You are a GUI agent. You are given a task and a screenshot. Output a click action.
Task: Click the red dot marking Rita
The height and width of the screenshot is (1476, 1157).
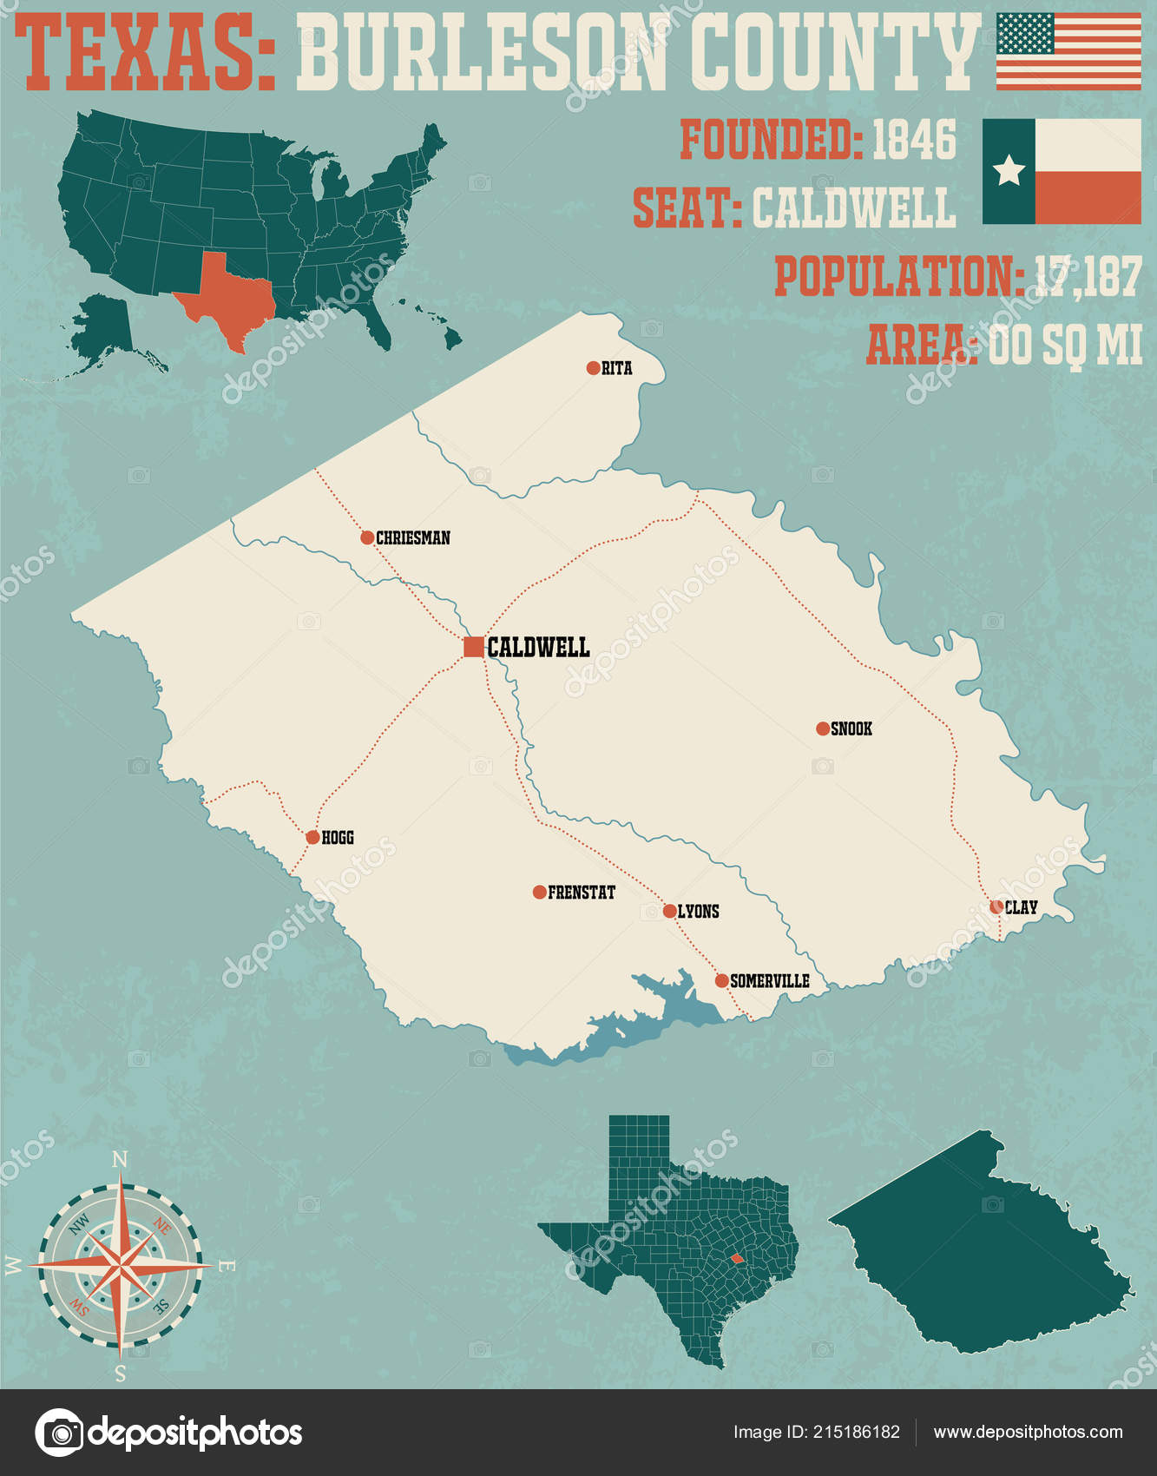point(593,368)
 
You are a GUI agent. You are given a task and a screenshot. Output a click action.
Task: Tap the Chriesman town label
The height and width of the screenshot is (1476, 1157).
point(412,538)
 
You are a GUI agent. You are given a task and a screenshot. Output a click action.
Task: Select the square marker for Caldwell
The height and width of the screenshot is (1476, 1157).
point(473,647)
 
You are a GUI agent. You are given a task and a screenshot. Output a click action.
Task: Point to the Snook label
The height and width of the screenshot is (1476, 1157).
point(851,729)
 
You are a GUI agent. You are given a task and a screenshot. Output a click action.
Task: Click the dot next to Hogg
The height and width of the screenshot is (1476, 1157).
point(312,838)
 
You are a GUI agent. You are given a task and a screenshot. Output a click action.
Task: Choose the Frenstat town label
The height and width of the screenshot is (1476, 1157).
point(581,893)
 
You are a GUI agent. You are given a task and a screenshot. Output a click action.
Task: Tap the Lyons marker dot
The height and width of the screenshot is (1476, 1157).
point(669,911)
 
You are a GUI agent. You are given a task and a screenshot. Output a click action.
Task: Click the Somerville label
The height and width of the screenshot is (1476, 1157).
point(769,981)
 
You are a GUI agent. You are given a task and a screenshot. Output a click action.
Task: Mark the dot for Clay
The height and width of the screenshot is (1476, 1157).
point(996,907)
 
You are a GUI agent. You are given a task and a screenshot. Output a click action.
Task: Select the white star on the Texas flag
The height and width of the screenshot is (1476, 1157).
point(1009,170)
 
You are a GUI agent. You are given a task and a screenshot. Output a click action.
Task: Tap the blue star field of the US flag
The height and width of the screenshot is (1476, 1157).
point(1024,34)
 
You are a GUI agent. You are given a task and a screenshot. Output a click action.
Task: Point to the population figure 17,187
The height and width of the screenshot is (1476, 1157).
point(1088,277)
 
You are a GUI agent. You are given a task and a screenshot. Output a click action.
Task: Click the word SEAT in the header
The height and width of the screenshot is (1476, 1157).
point(686,208)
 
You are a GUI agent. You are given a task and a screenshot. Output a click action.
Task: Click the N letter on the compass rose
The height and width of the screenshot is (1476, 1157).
point(120,1159)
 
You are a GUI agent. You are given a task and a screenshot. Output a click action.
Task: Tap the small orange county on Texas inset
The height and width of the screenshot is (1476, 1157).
point(736,1257)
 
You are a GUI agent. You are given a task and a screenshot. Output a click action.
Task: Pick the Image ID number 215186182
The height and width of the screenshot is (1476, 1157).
point(856,1433)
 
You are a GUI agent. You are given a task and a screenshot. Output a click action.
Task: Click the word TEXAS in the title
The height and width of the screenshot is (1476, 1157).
point(143,54)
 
